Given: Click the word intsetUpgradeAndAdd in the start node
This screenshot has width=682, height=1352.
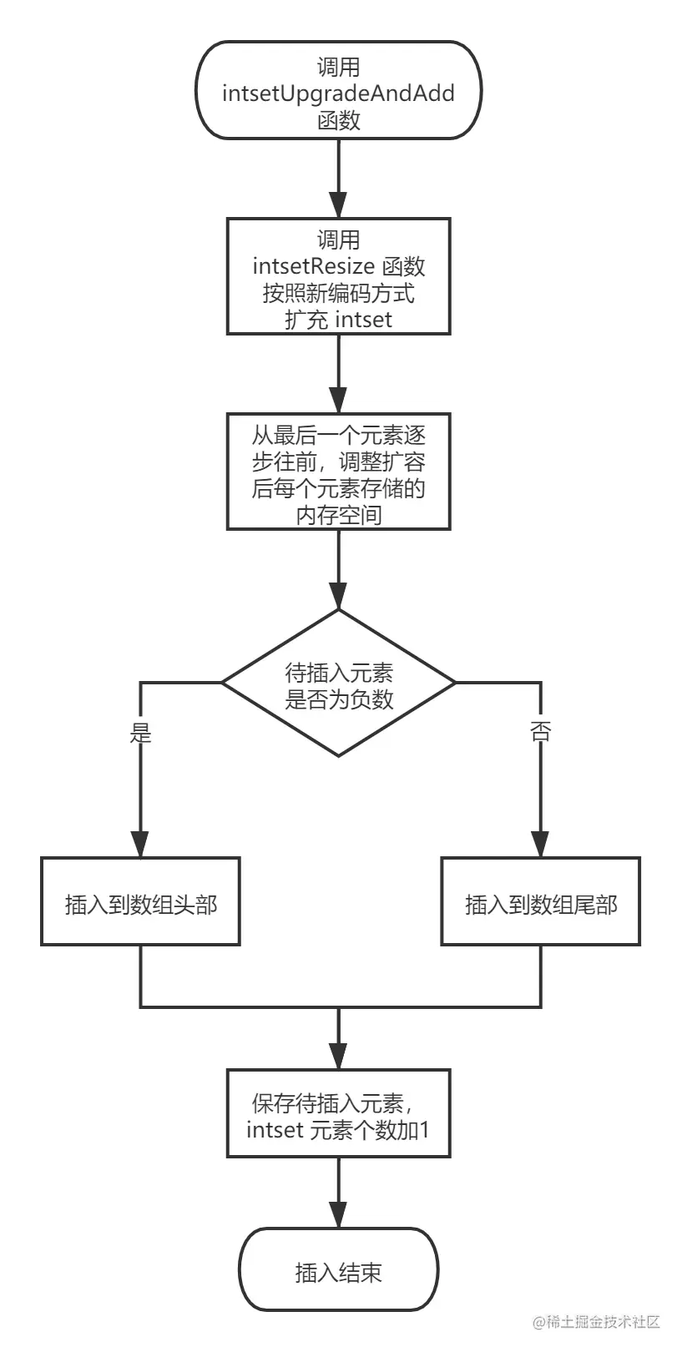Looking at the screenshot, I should coord(338,93).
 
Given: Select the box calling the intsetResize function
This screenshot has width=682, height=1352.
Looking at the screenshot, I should coord(338,276).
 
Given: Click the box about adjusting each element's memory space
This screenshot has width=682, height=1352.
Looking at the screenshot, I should coord(338,472).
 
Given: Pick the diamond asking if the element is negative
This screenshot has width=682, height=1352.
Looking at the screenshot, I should coord(338,684).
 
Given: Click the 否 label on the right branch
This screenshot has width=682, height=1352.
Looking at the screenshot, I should coord(541,733).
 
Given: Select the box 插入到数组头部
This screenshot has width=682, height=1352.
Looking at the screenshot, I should coord(141,902).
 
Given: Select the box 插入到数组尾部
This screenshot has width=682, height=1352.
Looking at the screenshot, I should coord(541,902).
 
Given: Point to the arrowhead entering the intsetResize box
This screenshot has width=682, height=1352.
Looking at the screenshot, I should coord(338,205).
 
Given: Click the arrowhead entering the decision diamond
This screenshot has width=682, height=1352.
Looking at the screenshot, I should coord(338,596).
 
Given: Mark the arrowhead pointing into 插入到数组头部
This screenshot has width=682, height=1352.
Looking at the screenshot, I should coord(141,844).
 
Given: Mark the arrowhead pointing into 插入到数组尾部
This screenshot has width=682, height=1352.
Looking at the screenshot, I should coord(541,844).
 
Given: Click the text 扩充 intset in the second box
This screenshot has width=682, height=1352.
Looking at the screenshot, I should coord(338,320).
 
